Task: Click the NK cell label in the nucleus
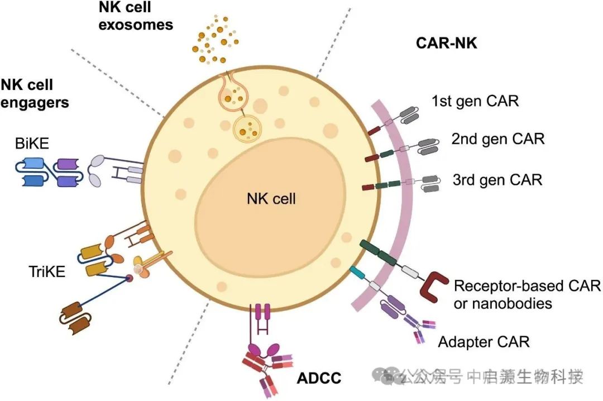coord(271,198)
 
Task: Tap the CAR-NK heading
coord(447,43)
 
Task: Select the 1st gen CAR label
coord(475,101)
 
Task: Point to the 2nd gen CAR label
coord(497,139)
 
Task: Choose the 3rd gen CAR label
coord(497,180)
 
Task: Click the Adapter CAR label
coord(484,341)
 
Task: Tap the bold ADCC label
coord(319,378)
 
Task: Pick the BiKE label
coord(33,145)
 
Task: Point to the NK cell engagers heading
coord(35,94)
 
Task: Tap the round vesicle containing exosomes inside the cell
coord(246,128)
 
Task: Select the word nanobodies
coord(503,304)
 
